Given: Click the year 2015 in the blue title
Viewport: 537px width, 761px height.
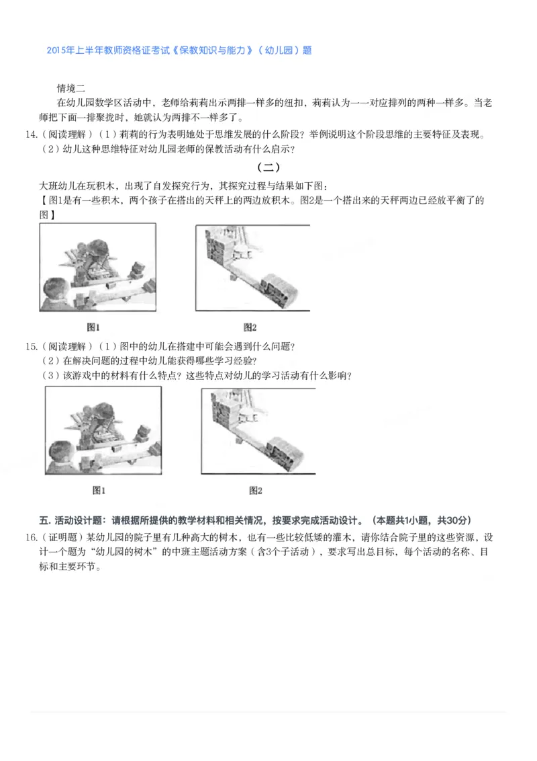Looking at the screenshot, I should pos(58,50).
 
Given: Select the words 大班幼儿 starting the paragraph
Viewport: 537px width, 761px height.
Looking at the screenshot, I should pos(59,186).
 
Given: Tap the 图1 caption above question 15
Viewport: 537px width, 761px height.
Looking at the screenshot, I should pos(93,327).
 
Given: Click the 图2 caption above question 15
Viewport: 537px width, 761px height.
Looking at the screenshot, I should pos(250,327).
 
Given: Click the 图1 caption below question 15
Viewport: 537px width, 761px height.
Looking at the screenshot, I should pos(99,491).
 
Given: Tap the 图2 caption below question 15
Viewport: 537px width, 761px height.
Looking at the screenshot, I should pos(255,491).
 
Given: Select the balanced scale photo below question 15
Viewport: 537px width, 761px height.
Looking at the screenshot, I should pos(258,430).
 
